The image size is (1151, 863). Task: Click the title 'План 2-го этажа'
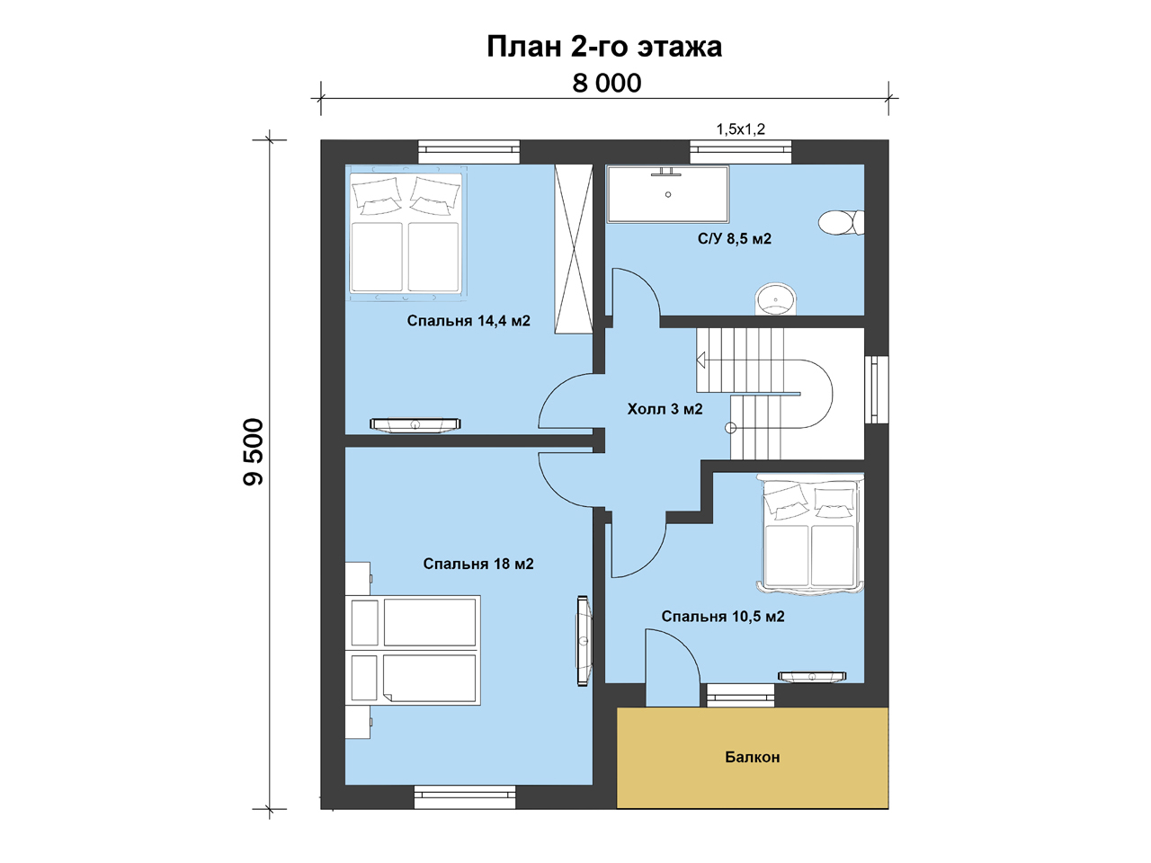604,47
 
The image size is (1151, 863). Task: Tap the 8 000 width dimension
607,84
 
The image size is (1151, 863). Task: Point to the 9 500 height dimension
254,451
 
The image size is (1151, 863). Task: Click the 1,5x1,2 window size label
740,129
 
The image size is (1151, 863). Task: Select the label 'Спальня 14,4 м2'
468,321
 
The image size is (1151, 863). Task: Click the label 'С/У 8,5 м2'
734,239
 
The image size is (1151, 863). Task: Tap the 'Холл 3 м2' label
665,409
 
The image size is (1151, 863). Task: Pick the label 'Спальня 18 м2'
478,564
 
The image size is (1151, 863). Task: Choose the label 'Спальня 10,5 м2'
723,616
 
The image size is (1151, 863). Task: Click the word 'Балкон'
753,757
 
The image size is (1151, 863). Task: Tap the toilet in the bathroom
841,223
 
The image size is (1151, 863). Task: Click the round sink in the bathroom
775,299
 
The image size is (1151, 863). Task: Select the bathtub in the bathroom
667,194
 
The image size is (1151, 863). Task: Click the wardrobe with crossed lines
574,249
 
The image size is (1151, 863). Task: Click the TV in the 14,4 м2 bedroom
415,424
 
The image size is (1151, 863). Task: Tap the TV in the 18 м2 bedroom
583,640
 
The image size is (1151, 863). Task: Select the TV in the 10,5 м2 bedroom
812,677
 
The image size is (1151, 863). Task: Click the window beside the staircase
876,389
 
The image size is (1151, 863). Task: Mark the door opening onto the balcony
673,668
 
